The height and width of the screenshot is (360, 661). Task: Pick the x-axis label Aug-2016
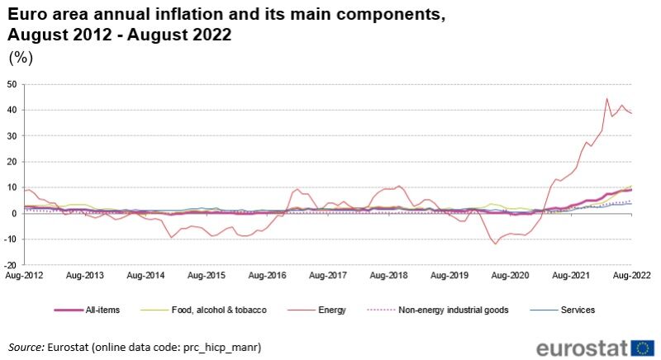click(269, 274)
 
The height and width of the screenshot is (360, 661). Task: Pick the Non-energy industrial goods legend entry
click(456, 310)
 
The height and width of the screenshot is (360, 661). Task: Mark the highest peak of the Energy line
click(607, 99)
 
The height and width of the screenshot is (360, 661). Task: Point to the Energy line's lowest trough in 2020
click(496, 244)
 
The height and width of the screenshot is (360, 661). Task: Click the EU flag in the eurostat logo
click(643, 346)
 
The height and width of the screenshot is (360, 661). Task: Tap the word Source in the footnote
click(26, 348)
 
